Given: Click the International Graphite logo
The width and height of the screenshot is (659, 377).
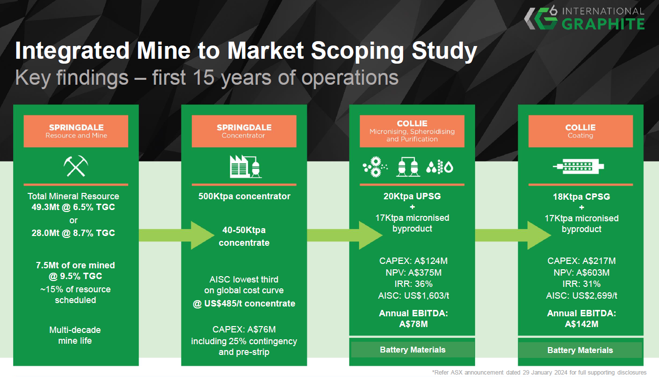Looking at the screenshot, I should point(584,18).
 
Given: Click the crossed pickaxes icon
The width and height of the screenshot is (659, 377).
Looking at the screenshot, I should point(75,166).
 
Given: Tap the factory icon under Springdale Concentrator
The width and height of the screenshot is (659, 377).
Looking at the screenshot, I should point(244,166).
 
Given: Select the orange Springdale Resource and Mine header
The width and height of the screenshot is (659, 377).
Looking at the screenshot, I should point(76,131).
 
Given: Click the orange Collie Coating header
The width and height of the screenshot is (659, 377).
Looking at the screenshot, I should point(580,131).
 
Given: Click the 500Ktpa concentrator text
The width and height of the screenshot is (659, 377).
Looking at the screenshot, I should point(244,196).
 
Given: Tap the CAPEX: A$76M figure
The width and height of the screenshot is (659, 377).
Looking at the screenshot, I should point(244,329).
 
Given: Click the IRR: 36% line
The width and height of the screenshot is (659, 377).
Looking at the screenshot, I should point(412,284).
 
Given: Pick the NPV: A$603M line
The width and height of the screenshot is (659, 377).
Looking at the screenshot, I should point(581,273).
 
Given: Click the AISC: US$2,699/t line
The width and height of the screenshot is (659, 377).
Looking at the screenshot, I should point(581,296).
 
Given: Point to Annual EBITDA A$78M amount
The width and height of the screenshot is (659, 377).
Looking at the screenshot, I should point(412,324).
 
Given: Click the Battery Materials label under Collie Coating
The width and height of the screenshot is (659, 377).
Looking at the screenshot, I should point(580,350).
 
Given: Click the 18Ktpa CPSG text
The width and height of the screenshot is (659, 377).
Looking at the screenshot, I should point(581,196).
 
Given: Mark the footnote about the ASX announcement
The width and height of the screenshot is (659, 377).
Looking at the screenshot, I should point(539,373).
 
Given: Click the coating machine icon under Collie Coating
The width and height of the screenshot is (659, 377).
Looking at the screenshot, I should point(580,167).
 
